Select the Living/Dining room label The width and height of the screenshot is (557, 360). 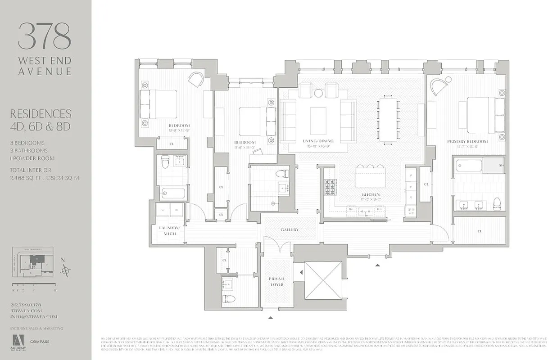[x=318, y=141]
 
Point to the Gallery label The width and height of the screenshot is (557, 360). [x=290, y=230]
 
